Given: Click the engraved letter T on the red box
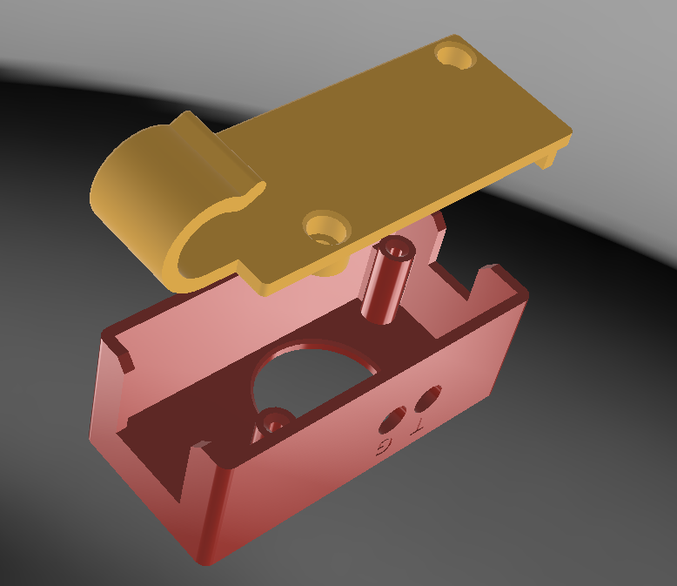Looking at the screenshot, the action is (418, 426).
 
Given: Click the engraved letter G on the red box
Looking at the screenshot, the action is (384, 448).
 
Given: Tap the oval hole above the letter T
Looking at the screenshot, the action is (428, 398).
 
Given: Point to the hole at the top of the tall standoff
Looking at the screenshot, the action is (396, 250).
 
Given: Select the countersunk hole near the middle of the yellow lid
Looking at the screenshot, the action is (327, 228).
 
